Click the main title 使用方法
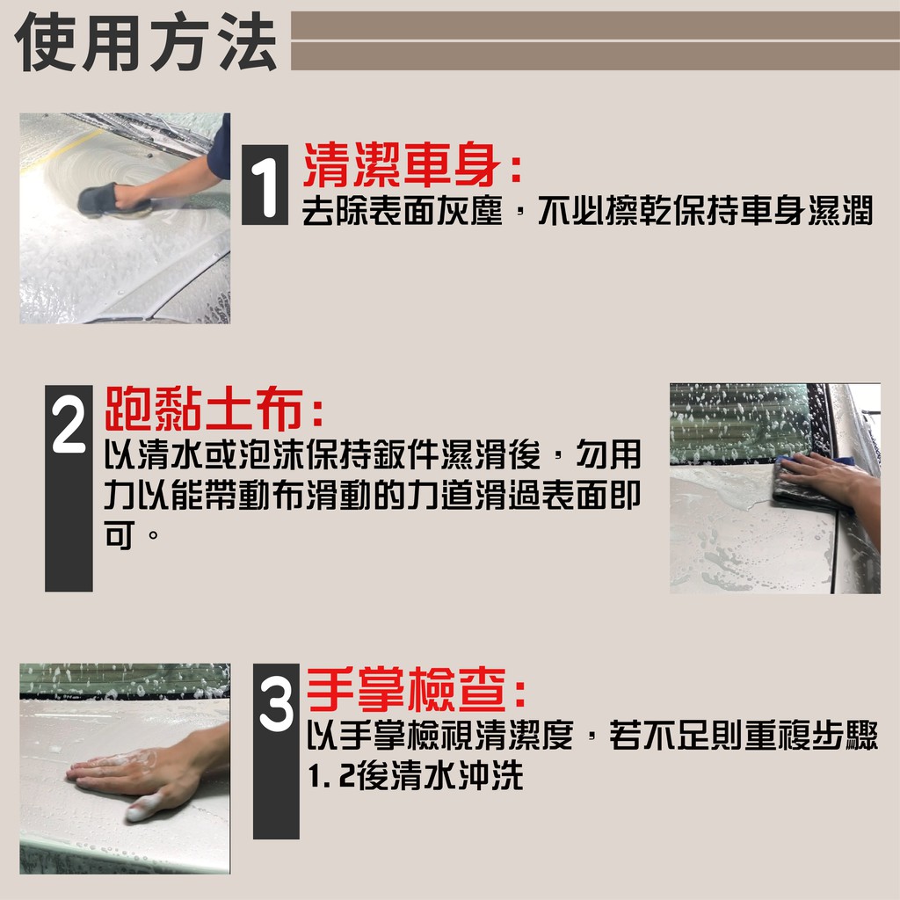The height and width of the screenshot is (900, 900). pyautogui.click(x=146, y=42)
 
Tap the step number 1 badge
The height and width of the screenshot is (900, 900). pyautogui.click(x=265, y=185)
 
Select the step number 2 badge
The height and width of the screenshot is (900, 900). pyautogui.click(x=69, y=488)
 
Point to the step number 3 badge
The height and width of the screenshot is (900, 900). pyautogui.click(x=276, y=751)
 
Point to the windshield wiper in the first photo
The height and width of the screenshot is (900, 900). pyautogui.click(x=143, y=131)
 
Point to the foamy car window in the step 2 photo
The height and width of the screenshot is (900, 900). pyautogui.click(x=740, y=424)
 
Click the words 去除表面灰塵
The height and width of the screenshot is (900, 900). pyautogui.click(x=403, y=211)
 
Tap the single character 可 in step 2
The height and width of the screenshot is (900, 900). pyautogui.click(x=120, y=534)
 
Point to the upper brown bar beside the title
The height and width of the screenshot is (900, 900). pyautogui.click(x=595, y=25)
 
